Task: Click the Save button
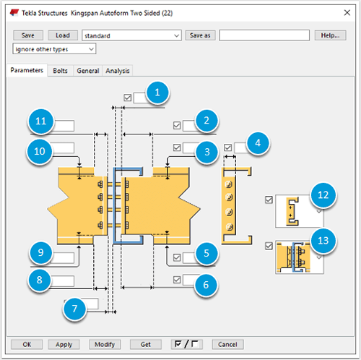click(28, 35)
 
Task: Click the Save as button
click(200, 35)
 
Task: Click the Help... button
click(329, 35)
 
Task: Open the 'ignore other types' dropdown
click(54, 49)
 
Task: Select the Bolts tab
click(61, 71)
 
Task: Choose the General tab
click(87, 71)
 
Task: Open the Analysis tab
click(118, 71)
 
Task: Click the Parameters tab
click(27, 71)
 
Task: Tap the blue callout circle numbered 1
click(157, 92)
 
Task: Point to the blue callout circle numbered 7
click(73, 309)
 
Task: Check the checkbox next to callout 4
click(228, 147)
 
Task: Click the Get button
click(145, 344)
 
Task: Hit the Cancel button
click(227, 344)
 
